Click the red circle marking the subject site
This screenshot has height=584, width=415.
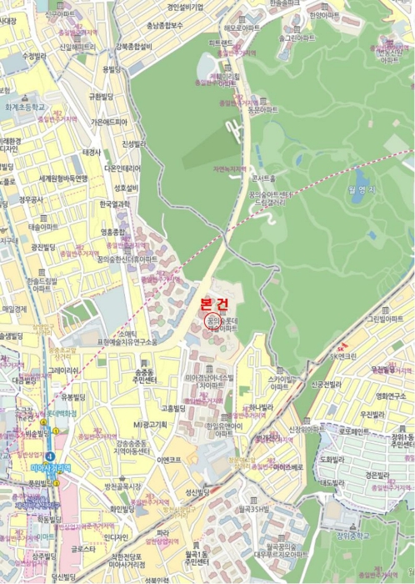210,321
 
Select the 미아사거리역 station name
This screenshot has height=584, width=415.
33,467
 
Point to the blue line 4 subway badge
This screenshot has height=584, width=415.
50,456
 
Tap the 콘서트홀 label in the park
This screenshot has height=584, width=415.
268,179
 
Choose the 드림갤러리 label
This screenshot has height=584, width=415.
272,202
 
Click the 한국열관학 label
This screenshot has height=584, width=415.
114,203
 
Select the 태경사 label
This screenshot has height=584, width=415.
92,153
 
